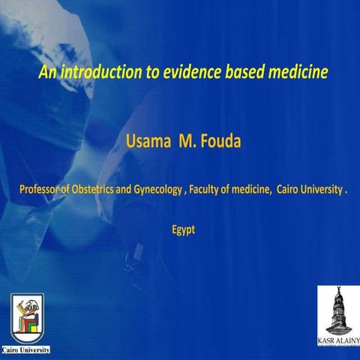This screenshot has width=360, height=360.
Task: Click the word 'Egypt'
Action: point(183,229)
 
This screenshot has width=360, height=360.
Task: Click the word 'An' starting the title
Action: point(46,73)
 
